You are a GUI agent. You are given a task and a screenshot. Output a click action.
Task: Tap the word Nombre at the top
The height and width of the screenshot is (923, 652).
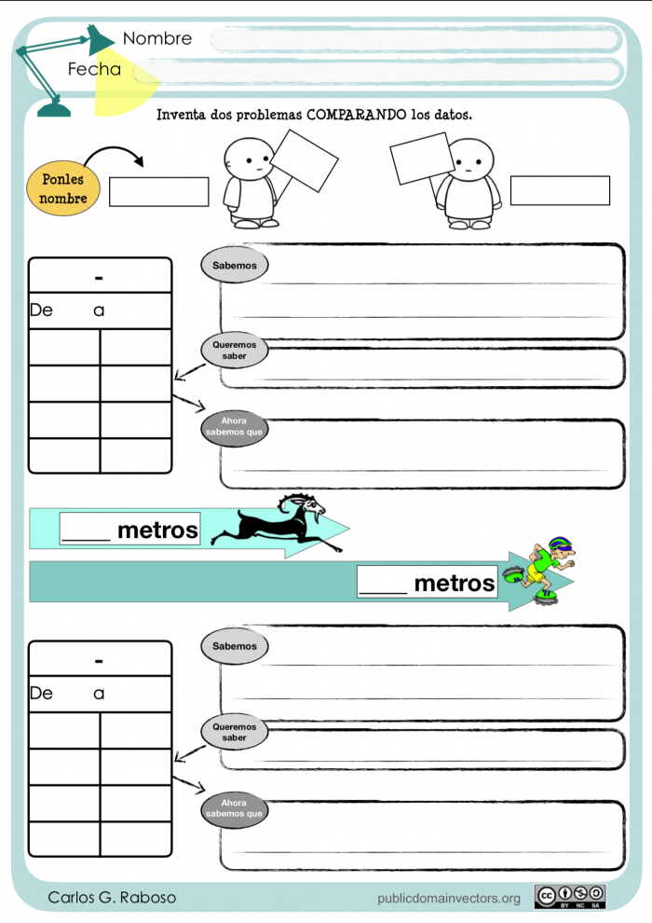[157, 38]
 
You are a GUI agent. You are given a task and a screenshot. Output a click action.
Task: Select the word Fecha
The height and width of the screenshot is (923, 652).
[94, 69]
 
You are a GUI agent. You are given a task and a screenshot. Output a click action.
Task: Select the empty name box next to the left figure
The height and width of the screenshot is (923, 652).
[158, 191]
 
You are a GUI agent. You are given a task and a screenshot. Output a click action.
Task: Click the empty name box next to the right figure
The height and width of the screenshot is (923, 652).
[559, 189]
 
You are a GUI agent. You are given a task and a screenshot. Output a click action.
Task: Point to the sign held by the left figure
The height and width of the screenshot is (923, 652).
[304, 159]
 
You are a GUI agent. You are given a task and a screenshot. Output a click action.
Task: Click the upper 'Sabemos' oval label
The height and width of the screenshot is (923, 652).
[235, 266]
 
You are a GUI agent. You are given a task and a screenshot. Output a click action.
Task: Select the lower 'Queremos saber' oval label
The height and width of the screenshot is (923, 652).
[235, 732]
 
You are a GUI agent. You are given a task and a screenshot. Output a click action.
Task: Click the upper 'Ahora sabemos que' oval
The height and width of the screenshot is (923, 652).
[235, 426]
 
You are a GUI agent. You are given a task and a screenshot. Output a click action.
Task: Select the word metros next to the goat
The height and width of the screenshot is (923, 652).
[158, 530]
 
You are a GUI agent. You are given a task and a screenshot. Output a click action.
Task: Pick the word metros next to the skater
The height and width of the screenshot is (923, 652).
[455, 583]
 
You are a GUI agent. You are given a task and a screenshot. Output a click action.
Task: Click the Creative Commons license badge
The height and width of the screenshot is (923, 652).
[570, 896]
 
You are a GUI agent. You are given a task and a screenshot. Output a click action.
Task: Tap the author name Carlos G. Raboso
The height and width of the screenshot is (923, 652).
[112, 897]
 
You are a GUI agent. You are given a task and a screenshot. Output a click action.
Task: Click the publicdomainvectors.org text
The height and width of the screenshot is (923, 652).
[449, 898]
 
